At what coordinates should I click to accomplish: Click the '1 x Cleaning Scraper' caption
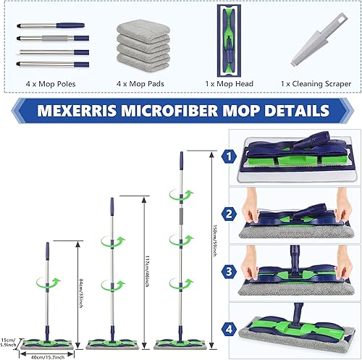coord(316,84)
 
